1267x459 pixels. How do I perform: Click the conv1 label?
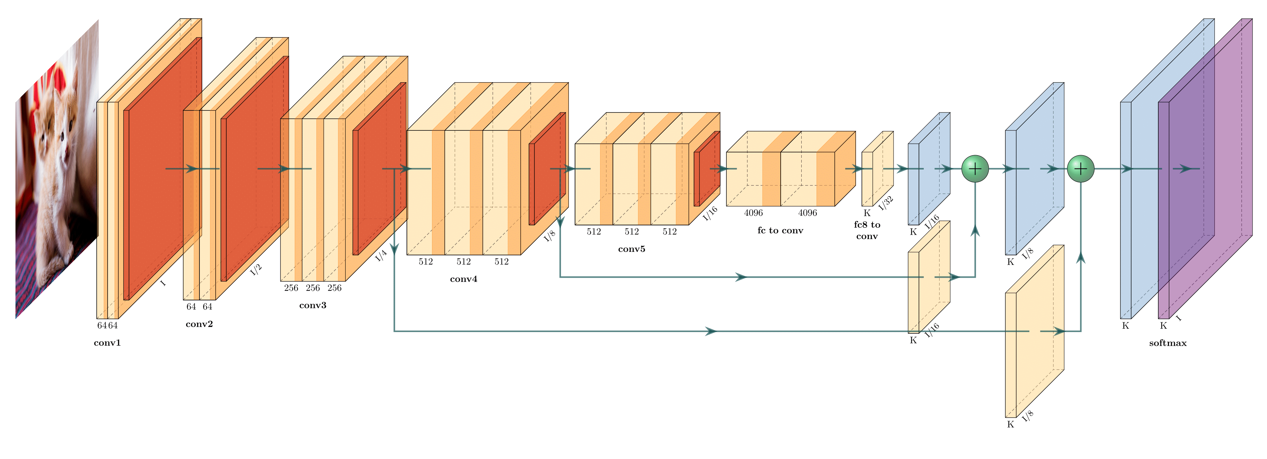coord(107,343)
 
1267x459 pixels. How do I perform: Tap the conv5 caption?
coord(631,249)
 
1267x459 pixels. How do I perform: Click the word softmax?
coord(1167,343)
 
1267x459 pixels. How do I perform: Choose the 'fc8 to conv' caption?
coord(867,230)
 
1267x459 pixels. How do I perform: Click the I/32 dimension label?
coord(886,203)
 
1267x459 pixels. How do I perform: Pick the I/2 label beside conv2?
coord(256,270)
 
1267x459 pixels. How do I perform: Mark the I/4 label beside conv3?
coord(381,255)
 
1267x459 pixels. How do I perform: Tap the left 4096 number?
coord(753,213)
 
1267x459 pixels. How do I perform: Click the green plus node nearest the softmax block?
coord(1080,169)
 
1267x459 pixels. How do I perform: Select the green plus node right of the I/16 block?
coord(975,169)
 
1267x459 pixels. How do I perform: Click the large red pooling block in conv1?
coord(162,167)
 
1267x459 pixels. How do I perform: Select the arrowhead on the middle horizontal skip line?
coord(741,277)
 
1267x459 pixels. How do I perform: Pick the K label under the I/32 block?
coord(867,213)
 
